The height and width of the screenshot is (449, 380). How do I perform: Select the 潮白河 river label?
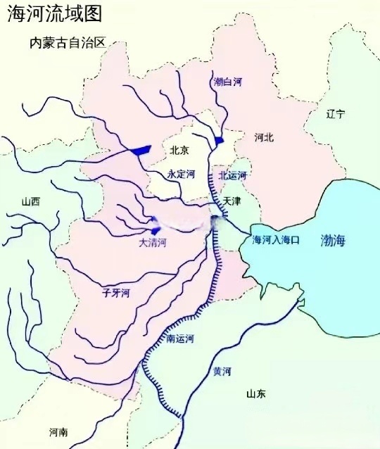[x=227, y=82]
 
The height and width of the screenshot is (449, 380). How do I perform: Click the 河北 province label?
[x=264, y=138]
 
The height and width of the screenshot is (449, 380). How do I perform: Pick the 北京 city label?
[x=179, y=150]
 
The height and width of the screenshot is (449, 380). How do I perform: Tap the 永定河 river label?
[x=180, y=174]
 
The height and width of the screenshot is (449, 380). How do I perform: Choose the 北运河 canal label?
[x=233, y=175]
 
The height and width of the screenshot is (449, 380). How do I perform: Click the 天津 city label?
[x=233, y=201]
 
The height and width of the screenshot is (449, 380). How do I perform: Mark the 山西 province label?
[x=31, y=201]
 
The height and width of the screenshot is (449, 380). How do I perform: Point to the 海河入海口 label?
[x=277, y=240]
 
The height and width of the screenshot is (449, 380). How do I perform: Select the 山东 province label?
[x=256, y=394]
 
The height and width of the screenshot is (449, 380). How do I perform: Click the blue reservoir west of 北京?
[x=141, y=149]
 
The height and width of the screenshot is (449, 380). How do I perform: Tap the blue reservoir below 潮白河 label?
[x=220, y=141]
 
